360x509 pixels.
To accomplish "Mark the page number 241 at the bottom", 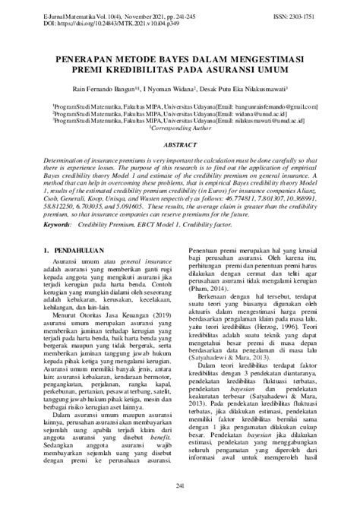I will pos(180,485).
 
